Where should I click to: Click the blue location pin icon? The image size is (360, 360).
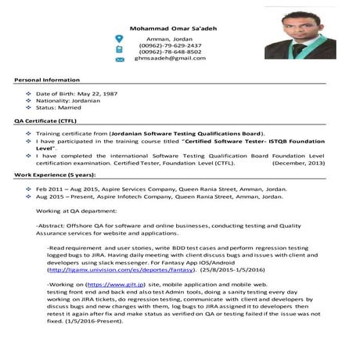point(119,38)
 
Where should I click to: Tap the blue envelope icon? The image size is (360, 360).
point(120,59)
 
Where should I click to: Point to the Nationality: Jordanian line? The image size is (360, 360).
point(68,101)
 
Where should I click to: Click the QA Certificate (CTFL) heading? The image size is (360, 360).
point(45,122)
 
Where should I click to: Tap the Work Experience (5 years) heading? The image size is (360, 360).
point(55,177)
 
